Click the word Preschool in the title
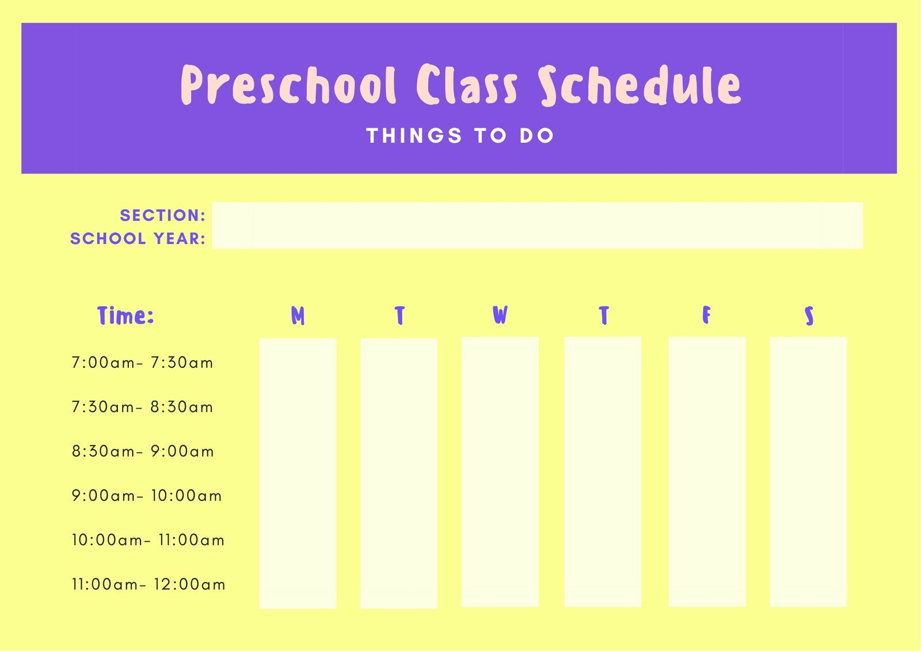288,85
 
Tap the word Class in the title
467,85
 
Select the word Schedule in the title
640,85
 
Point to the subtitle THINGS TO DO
460,136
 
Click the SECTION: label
162,215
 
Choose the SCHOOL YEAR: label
138,238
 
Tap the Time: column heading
125,315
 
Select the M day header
298,316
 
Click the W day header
500,315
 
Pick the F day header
706,315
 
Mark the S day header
809,316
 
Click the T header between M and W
399,316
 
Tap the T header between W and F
603,316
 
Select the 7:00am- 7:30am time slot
142,363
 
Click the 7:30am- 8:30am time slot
142,407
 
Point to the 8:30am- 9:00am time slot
142,451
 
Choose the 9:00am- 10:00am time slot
146,496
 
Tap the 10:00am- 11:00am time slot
148,540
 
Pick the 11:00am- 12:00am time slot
149,584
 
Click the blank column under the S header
808,472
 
